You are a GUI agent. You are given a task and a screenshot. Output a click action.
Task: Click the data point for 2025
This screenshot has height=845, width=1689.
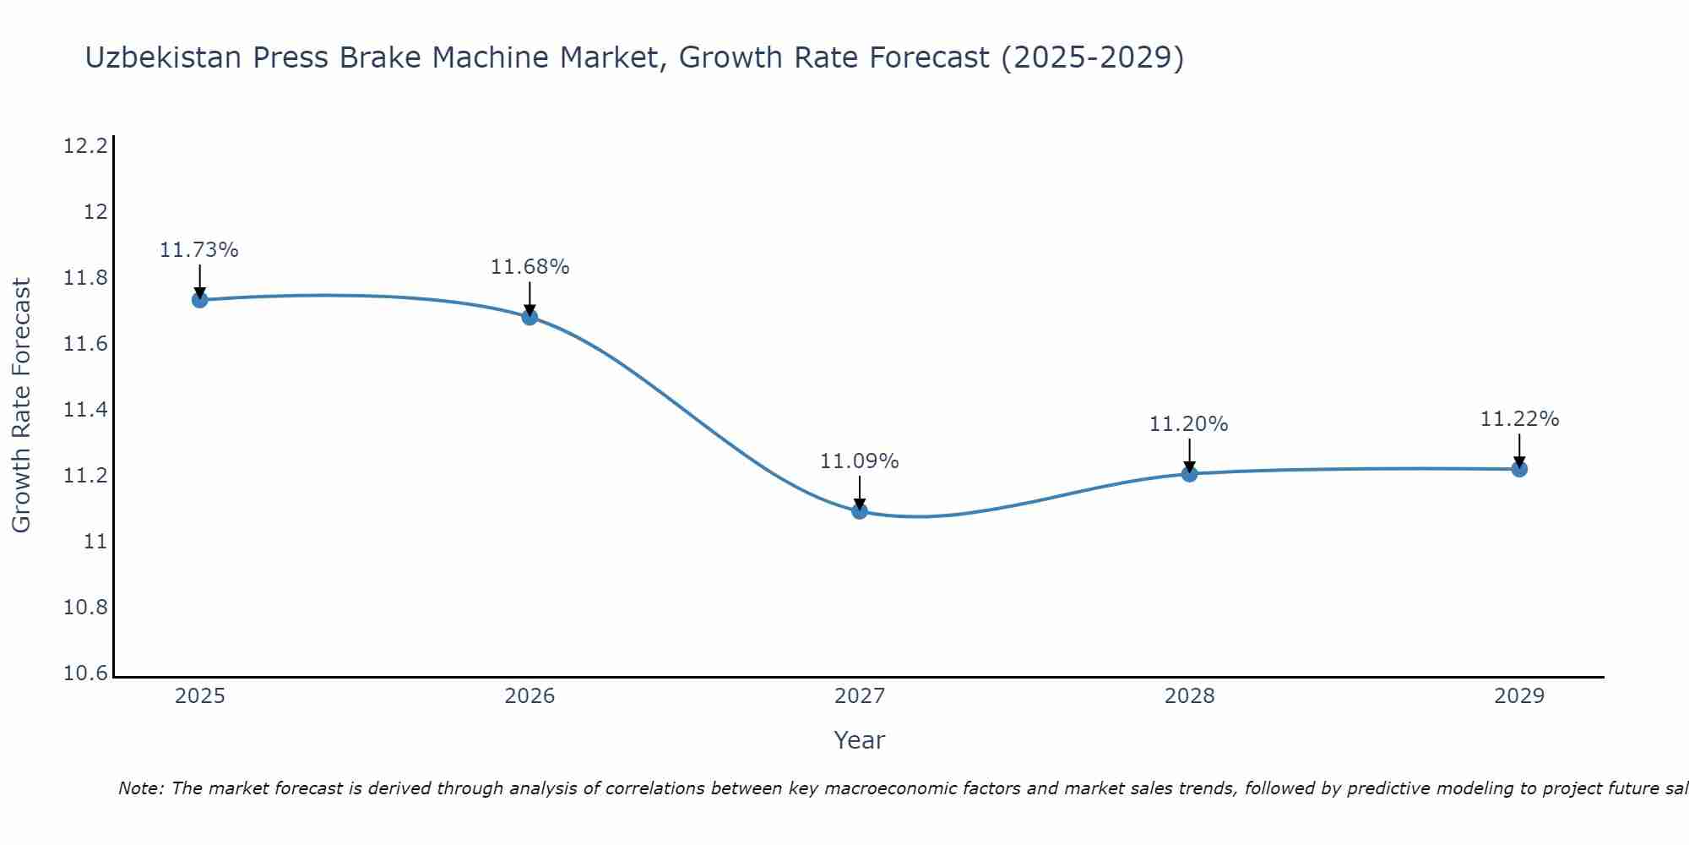[199, 299]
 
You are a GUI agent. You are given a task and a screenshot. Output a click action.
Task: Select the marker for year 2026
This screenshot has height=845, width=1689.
[530, 317]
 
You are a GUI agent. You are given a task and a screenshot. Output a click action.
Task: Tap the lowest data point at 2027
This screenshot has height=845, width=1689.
[860, 510]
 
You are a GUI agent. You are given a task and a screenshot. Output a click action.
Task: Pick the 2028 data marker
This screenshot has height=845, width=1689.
[1189, 473]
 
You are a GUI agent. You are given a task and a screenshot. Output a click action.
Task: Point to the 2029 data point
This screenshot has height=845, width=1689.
[1519, 468]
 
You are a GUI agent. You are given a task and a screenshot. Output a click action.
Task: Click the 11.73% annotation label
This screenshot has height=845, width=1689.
[199, 250]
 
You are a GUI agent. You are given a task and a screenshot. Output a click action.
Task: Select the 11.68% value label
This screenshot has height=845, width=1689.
[530, 267]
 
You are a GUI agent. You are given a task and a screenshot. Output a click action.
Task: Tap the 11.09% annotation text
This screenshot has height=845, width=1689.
[860, 461]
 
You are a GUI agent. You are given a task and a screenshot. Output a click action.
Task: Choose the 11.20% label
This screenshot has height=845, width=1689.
[1189, 424]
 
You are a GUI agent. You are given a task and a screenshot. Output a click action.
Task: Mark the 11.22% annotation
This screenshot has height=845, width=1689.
[1519, 419]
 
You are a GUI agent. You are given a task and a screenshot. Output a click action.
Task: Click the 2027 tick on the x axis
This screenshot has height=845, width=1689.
[860, 696]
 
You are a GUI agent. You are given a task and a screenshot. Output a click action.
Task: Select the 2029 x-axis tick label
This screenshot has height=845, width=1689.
[1519, 696]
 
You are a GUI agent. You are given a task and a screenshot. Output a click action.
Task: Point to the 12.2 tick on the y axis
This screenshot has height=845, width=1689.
[86, 146]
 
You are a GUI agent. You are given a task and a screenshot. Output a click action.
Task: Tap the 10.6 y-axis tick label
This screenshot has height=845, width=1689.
[86, 673]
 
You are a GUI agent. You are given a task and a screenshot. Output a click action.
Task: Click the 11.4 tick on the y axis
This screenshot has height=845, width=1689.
[86, 410]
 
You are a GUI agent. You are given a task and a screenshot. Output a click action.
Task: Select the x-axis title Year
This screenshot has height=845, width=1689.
[859, 740]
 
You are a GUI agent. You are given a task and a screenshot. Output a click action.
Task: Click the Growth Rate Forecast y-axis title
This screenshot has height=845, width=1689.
[22, 406]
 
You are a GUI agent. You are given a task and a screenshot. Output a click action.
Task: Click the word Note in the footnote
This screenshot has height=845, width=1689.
[140, 788]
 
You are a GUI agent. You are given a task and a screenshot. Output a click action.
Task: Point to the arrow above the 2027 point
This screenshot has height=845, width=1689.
[860, 492]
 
